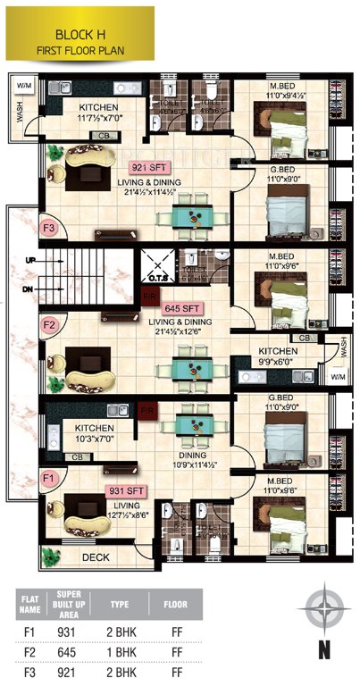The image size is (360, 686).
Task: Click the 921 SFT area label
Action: [x=149, y=167]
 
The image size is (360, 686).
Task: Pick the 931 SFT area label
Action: [x=126, y=490]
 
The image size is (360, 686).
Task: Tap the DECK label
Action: [x=95, y=556]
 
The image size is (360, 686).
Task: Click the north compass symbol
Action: [x=322, y=613]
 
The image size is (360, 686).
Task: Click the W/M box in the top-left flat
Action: [x=22, y=85]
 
